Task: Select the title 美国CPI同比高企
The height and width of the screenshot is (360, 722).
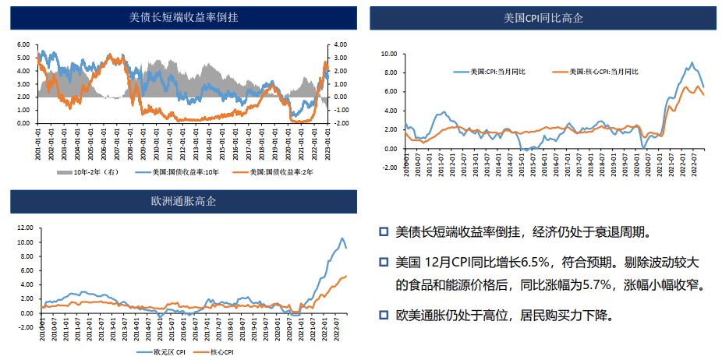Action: point(543,17)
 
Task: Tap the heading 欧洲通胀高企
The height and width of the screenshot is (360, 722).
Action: point(183,202)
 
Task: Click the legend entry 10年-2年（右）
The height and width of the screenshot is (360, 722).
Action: point(92,172)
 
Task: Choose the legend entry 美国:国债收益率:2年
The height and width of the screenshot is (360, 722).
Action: point(273,172)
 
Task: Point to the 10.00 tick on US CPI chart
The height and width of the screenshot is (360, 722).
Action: point(388,54)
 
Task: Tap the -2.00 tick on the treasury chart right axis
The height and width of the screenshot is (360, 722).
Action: point(342,123)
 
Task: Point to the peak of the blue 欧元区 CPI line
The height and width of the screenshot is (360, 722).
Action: point(341,238)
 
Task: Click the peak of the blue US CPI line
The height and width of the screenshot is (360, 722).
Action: point(692,63)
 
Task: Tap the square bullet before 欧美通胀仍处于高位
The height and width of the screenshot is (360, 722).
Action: point(383,315)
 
